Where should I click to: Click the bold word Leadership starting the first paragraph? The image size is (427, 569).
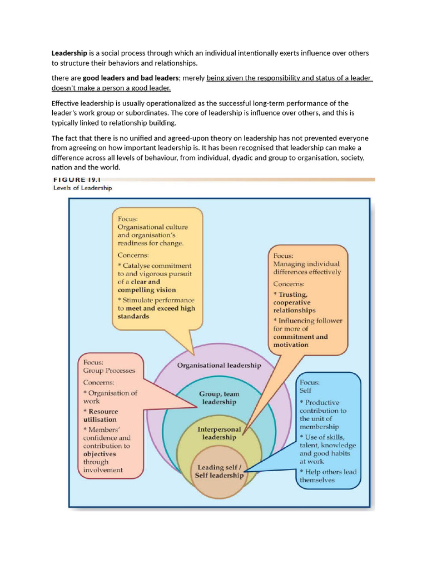click(x=69, y=53)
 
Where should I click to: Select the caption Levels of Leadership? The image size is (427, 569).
click(x=82, y=188)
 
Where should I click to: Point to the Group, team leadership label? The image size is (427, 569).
click(x=218, y=398)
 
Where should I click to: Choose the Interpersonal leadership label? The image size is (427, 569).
click(x=219, y=433)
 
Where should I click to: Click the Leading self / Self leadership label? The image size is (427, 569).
click(x=219, y=472)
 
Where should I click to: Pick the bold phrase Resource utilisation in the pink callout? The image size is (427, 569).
click(x=101, y=416)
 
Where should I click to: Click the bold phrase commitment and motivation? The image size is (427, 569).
click(x=300, y=341)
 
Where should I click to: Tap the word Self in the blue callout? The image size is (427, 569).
click(x=306, y=391)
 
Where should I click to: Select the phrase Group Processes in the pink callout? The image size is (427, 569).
click(x=109, y=371)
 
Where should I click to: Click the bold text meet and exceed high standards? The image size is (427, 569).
click(x=157, y=312)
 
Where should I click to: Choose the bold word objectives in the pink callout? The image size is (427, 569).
click(x=100, y=454)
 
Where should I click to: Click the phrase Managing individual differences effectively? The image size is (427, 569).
click(x=307, y=268)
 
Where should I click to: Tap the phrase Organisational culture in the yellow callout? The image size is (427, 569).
click(x=152, y=227)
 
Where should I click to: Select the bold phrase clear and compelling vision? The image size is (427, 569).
click(x=146, y=286)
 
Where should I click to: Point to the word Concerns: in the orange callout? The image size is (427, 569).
click(x=289, y=284)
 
